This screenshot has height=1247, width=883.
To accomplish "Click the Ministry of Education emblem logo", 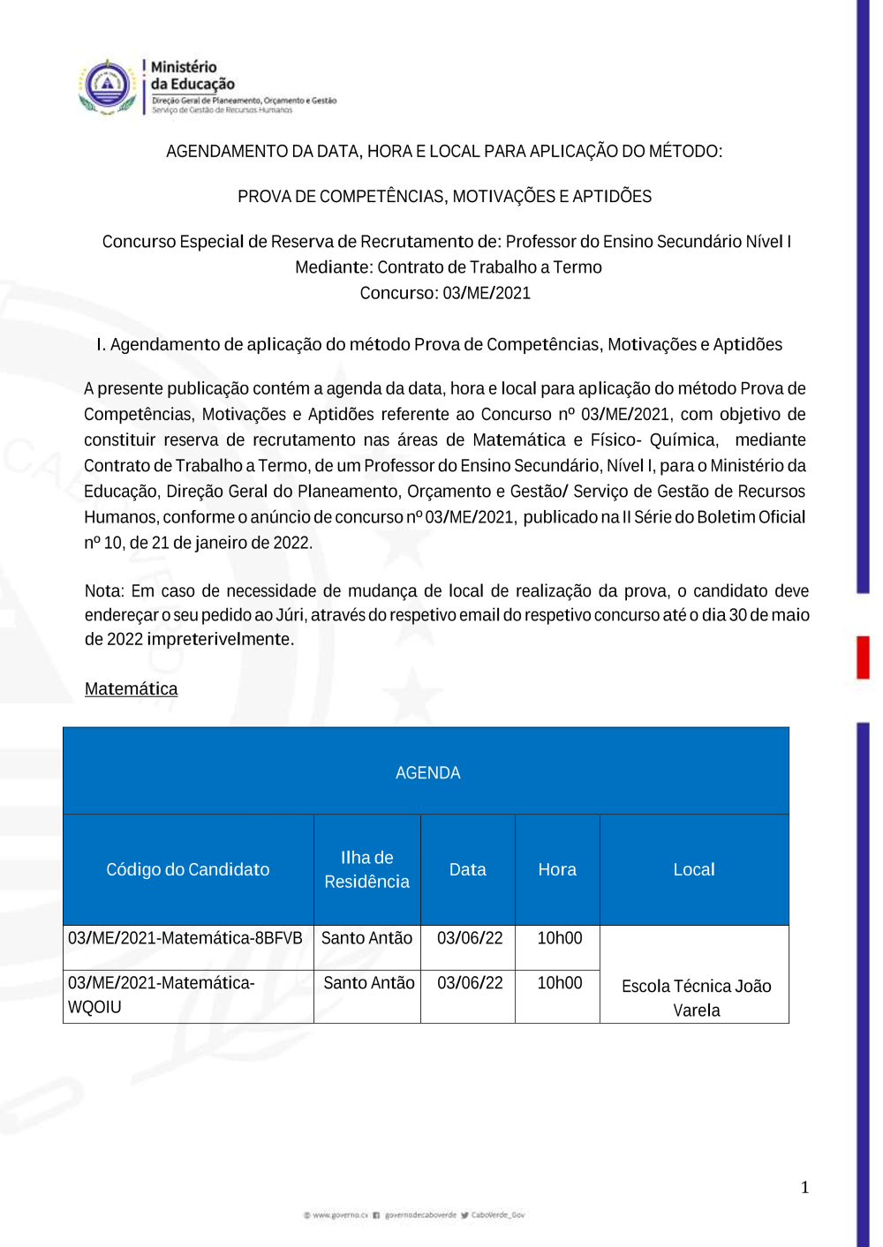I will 107,86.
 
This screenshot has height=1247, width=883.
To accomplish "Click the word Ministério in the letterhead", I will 184,67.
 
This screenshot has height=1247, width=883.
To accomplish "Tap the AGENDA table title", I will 427,773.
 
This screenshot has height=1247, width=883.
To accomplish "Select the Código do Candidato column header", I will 187,869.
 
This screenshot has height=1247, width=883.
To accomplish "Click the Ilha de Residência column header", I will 366,869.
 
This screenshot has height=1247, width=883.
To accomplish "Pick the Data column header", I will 467,869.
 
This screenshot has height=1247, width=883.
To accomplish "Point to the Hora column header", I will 557,869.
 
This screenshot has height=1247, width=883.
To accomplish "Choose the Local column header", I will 694,869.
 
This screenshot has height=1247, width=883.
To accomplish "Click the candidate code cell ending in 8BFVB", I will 185,938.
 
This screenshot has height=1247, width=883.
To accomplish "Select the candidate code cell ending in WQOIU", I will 161,995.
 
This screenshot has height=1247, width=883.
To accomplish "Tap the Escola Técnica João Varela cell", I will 696,997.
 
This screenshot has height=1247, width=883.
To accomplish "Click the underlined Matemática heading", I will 131,688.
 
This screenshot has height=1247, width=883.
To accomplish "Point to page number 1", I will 804,1187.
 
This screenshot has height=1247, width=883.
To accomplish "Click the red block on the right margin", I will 863,657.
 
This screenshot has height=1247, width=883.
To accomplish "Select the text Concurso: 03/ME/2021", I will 445,293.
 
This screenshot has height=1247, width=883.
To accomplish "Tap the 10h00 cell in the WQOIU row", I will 560,983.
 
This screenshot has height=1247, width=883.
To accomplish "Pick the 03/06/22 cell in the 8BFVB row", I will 470,938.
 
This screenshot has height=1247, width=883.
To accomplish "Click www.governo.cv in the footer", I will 340,1215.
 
